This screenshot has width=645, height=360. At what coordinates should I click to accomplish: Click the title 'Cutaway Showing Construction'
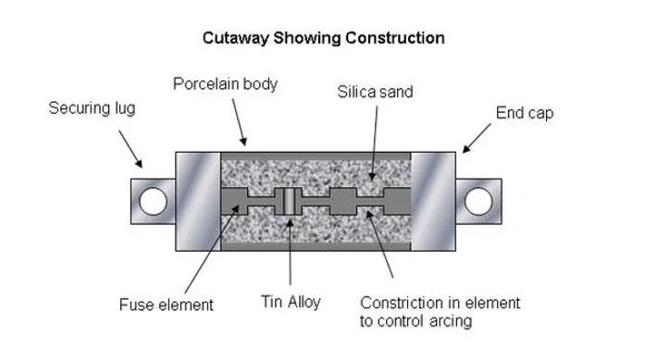click(x=323, y=38)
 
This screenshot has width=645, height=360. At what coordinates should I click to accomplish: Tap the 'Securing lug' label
click(x=92, y=108)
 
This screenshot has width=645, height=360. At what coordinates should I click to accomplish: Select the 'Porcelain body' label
click(x=225, y=84)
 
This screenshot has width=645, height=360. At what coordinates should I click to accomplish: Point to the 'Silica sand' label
click(x=375, y=92)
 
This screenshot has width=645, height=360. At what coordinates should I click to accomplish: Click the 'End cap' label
click(x=525, y=113)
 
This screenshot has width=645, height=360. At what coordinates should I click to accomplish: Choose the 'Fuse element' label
click(x=167, y=304)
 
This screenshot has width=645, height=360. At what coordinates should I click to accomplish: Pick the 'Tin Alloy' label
click(x=291, y=302)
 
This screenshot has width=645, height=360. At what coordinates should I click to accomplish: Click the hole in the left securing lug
click(x=153, y=201)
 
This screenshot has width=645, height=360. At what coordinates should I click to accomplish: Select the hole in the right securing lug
click(x=478, y=201)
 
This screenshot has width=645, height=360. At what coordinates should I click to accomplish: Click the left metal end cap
click(x=198, y=202)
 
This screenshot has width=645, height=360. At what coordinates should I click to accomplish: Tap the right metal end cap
click(x=433, y=202)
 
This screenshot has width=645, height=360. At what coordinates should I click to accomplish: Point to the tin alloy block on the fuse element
click(x=289, y=201)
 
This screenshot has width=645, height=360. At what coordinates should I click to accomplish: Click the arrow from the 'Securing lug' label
click(x=130, y=149)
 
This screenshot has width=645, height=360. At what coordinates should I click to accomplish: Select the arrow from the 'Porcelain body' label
click(x=240, y=122)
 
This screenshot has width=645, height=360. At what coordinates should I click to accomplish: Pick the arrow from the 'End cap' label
click(x=477, y=138)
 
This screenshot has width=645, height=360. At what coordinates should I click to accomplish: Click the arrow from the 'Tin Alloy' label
click(x=290, y=252)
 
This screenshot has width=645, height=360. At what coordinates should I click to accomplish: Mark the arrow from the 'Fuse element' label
click(x=212, y=249)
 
